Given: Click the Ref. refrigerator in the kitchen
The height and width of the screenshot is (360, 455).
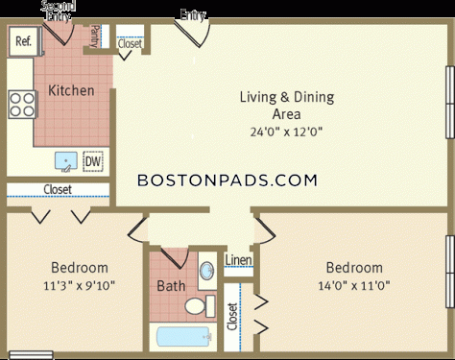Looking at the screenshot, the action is coord(25,41).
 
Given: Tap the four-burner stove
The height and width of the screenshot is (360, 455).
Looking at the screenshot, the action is coord(22,105).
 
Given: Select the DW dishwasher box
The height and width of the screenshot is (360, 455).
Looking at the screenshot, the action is coord(93,161).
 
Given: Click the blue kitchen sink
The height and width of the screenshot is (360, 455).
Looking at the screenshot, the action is coord(66,161).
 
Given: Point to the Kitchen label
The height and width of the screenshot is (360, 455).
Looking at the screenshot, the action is coord(71,90).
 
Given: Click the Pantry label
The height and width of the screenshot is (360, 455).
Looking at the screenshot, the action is coord(95,36).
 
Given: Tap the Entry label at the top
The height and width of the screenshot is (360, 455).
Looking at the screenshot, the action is coord(193,15).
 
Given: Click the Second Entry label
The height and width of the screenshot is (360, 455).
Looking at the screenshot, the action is coord(58,11).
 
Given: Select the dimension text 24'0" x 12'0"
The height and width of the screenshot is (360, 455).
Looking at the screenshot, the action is coord(286,132).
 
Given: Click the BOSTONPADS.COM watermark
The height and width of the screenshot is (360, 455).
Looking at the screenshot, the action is coord(227,180).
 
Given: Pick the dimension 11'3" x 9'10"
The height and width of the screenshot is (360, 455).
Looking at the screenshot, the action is coord(79,285).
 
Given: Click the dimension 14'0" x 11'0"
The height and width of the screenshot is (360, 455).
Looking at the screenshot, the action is coord(354,285).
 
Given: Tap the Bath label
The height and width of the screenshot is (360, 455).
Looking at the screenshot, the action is coord(171,286).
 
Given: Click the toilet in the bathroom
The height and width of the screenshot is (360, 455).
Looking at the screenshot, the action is coord(200,306).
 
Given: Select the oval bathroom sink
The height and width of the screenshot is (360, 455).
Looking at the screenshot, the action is coord(207,271).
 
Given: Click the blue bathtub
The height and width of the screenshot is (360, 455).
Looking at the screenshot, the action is coord(184,337).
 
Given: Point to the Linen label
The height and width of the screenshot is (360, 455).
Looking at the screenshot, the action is coord(238,260).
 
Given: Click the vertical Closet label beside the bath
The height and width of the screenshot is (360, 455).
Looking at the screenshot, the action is coord(232,317).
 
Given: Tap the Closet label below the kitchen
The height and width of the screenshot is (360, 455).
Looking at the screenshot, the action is coord(58,189).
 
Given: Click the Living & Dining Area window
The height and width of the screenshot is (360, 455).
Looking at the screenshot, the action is coord(450,103).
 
